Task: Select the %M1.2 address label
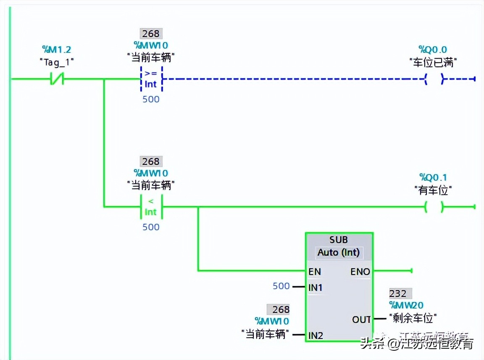(x=57, y=50)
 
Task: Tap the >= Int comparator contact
(x=151, y=79)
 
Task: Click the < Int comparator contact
(x=151, y=206)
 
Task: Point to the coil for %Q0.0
(x=434, y=79)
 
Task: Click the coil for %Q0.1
(x=434, y=206)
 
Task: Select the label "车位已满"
(x=433, y=63)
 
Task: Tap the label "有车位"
(x=433, y=191)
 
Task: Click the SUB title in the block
(x=339, y=239)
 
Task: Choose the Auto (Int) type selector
(x=339, y=252)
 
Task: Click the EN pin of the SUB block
(x=315, y=272)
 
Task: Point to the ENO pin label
(x=360, y=272)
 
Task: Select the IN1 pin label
(x=316, y=288)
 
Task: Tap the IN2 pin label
(x=316, y=335)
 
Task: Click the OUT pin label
(x=361, y=320)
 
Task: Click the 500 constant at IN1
(x=281, y=286)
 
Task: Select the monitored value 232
(x=398, y=293)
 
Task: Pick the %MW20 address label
(x=406, y=305)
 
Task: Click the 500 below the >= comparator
(x=151, y=99)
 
